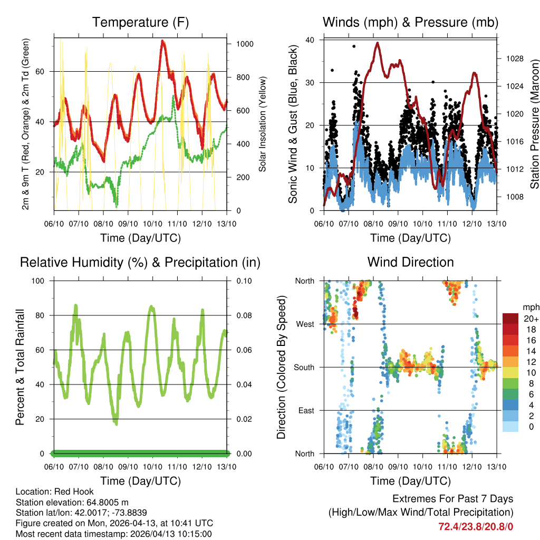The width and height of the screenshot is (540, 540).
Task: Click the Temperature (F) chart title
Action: pyautogui.click(x=140, y=22)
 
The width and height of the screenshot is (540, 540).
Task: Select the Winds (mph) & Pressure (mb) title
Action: pyautogui.click(x=410, y=22)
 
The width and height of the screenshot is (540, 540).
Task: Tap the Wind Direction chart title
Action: pyautogui.click(x=410, y=262)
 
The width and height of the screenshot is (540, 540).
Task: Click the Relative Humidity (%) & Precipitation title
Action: pyautogui.click(x=140, y=262)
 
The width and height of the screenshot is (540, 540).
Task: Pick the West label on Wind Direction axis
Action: pyautogui.click(x=305, y=324)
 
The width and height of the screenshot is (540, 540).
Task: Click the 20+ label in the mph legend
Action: pyautogui.click(x=529, y=319)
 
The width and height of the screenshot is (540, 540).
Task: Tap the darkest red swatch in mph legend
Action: pyautogui.click(x=510, y=319)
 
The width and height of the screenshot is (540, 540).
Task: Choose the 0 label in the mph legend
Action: pyautogui.click(x=529, y=427)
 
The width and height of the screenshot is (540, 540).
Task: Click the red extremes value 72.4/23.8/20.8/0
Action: pyautogui.click(x=476, y=526)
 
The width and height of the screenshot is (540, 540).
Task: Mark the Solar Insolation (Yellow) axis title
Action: pyautogui.click(x=262, y=124)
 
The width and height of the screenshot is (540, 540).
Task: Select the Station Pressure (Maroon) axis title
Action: pyautogui.click(x=534, y=124)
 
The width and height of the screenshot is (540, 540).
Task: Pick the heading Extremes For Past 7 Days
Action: pyautogui.click(x=452, y=499)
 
